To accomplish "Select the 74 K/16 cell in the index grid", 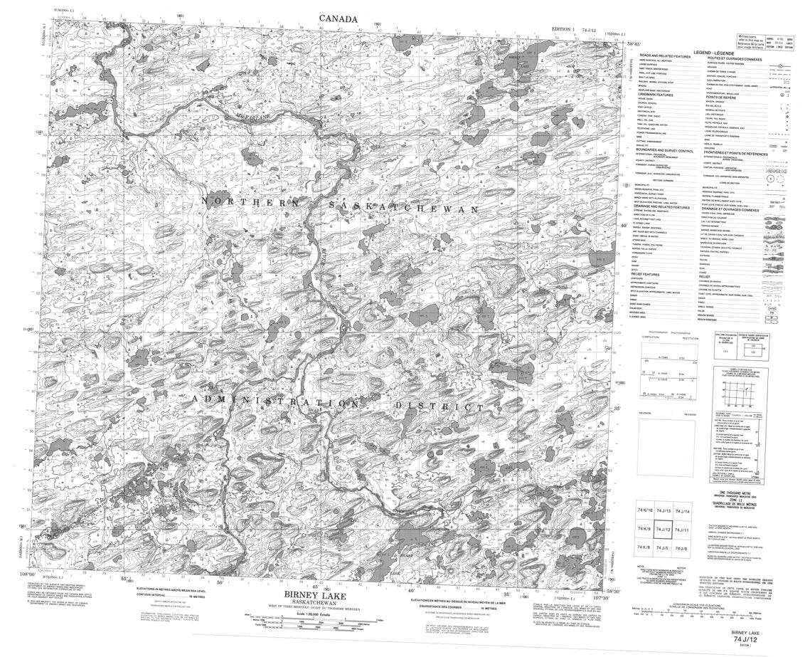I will pyautogui.click(x=644, y=510).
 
